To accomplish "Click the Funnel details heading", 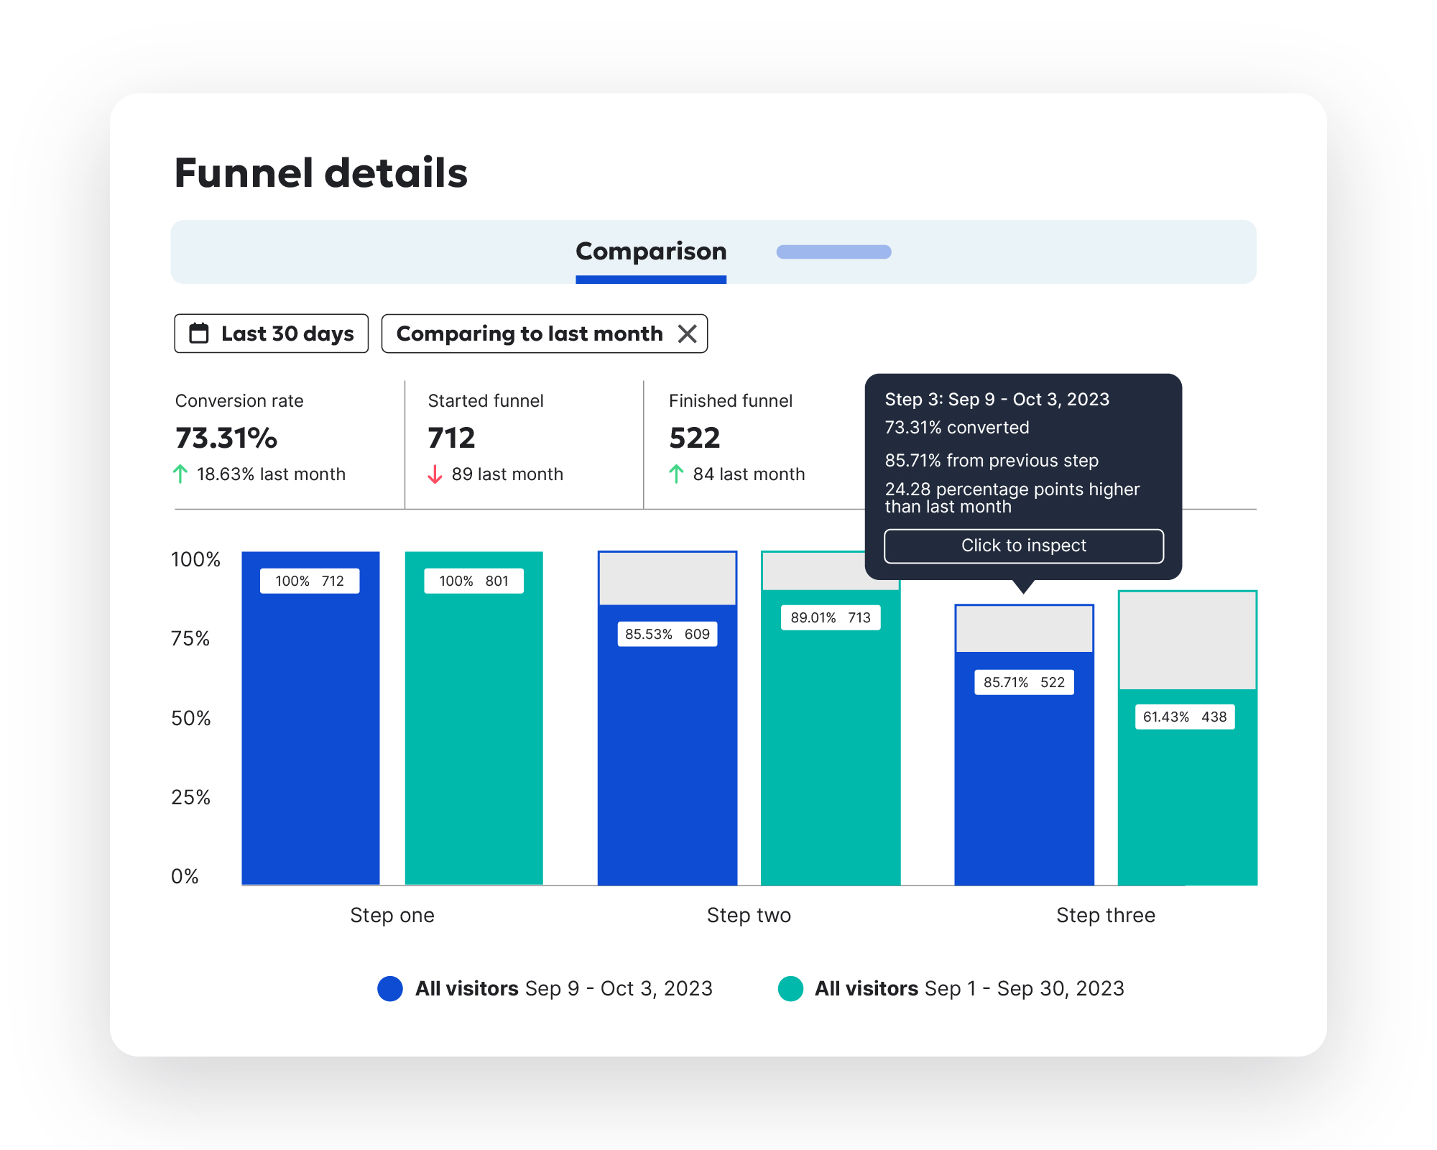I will click(x=320, y=173).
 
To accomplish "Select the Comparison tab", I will click(x=651, y=252).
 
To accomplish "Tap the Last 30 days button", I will click(x=272, y=333).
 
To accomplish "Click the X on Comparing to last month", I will click(x=688, y=333).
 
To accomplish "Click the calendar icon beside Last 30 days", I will click(x=199, y=333).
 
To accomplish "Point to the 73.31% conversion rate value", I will click(x=226, y=438).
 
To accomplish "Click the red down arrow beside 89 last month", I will click(x=435, y=474).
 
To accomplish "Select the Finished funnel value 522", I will click(x=694, y=438).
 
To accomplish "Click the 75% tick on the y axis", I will click(x=190, y=638).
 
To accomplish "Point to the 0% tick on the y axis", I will click(x=185, y=876).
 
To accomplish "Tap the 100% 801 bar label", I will click(x=473, y=581).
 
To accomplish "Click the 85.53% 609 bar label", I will click(x=667, y=634).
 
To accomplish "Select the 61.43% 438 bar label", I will click(x=1185, y=717).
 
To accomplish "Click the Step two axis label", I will click(x=749, y=915).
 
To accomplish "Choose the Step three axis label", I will click(x=1105, y=915).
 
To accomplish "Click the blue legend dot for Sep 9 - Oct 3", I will click(x=390, y=988).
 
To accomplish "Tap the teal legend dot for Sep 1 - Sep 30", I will click(x=790, y=988).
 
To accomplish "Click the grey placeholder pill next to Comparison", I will click(x=833, y=252).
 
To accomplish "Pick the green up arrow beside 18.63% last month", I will click(x=180, y=474).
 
